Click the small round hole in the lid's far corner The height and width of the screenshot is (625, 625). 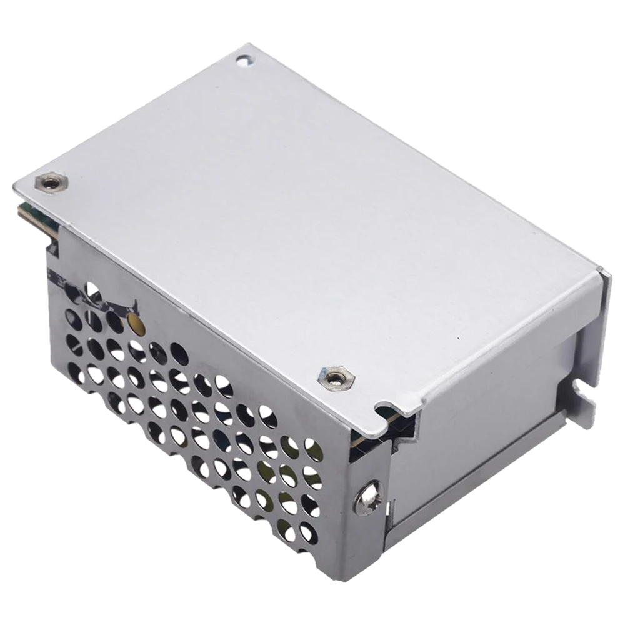click(244, 60)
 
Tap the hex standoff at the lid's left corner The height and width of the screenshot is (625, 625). click(49, 182)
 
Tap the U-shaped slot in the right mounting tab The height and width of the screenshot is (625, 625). click(585, 392)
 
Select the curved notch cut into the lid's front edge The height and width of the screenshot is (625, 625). click(382, 411)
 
